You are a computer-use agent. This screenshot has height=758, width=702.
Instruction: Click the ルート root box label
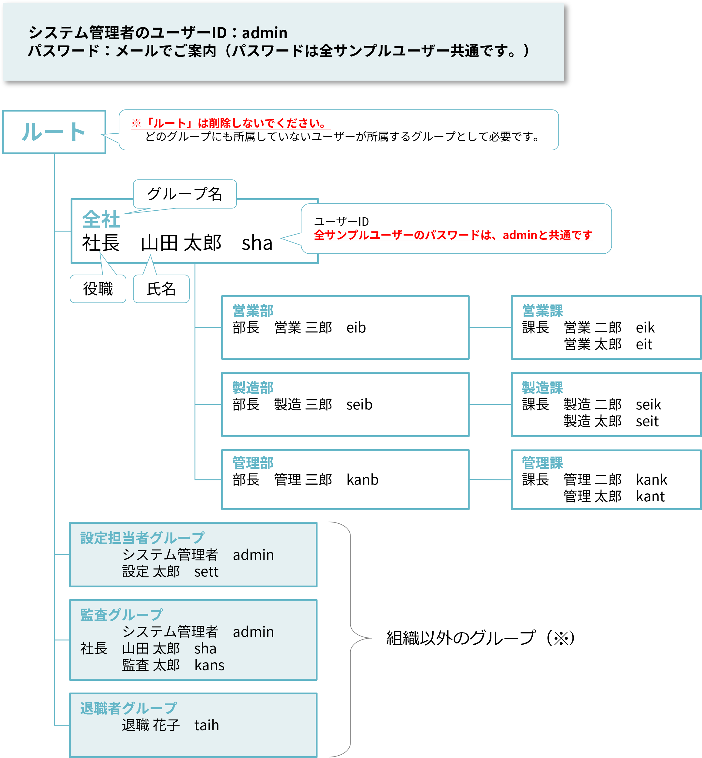(54, 132)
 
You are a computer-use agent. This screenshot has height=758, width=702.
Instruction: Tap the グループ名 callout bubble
(185, 194)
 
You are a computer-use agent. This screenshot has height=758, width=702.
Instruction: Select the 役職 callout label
(98, 289)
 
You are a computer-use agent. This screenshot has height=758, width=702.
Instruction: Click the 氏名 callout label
(161, 289)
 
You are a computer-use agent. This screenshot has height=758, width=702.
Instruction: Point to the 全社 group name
(101, 219)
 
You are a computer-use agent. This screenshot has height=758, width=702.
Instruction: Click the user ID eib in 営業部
(356, 328)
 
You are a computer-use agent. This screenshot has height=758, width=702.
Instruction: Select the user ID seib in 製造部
(359, 404)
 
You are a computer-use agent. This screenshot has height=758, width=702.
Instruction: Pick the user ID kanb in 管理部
(362, 479)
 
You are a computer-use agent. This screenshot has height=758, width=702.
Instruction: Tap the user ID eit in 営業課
(644, 344)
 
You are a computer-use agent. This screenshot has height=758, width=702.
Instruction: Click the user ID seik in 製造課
(648, 404)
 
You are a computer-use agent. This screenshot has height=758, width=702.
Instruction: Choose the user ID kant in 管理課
(650, 496)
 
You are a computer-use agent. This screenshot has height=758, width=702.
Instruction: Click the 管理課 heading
(542, 463)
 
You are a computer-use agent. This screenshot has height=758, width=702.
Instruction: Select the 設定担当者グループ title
(142, 538)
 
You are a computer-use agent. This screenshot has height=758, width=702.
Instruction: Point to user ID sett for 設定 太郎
(206, 571)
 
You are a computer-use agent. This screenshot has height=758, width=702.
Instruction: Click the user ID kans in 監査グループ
(209, 665)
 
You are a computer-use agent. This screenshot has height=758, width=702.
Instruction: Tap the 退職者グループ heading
(128, 708)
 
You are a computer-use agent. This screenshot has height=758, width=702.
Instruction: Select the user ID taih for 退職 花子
(207, 725)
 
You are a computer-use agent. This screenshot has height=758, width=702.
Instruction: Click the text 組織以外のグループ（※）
(481, 638)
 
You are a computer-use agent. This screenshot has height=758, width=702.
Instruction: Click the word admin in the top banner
(265, 33)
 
